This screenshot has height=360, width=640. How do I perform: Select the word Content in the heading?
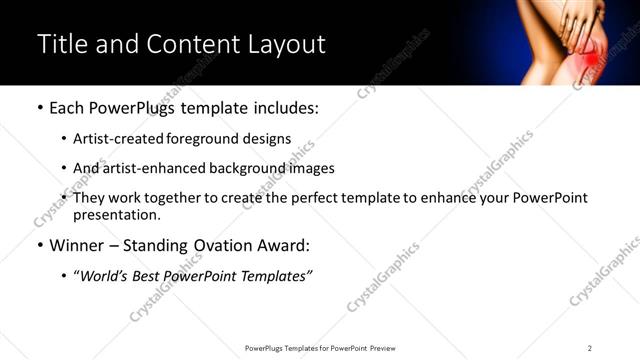(x=184, y=45)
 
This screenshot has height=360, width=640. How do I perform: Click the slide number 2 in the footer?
(x=590, y=347)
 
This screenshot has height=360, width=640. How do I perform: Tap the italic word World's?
(x=103, y=275)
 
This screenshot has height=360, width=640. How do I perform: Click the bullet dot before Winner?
(x=40, y=245)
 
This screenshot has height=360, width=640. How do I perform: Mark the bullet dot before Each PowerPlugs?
(x=40, y=108)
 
